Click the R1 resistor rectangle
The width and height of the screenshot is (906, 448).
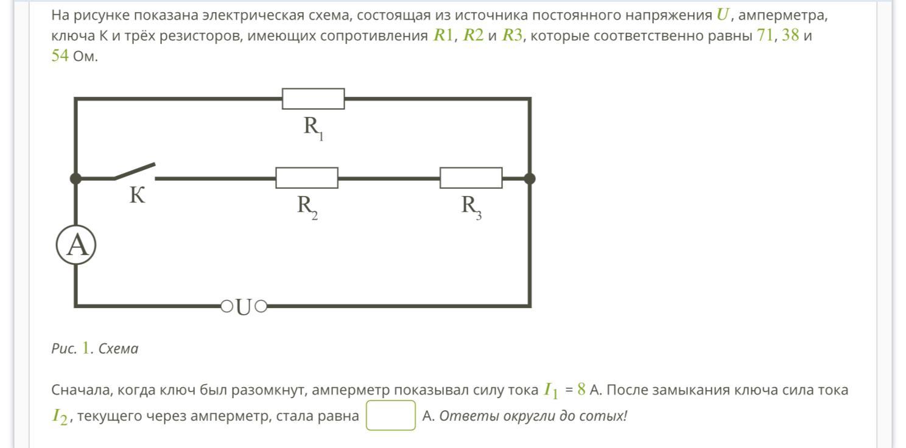[x=313, y=99]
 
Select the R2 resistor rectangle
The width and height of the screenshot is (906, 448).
[x=307, y=178]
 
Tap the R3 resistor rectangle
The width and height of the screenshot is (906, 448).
[x=471, y=178]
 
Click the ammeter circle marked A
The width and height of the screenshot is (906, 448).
[x=77, y=245]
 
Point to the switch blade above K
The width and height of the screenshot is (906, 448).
[x=135, y=170]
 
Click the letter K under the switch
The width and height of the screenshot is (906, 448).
[x=138, y=196]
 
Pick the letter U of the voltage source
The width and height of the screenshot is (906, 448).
[x=244, y=307]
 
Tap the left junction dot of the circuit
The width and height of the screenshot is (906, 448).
[x=75, y=178]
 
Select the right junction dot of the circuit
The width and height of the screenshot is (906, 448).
[x=530, y=178]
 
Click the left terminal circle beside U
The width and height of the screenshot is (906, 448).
[x=226, y=306]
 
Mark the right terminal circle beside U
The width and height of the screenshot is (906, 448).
[x=261, y=306]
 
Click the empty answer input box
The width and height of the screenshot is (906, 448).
[x=390, y=415]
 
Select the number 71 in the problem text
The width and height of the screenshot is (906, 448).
[x=764, y=35]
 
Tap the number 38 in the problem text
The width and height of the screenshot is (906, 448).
[x=790, y=35]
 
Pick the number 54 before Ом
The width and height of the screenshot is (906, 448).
[x=60, y=57]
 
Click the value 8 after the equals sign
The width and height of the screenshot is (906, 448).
[x=581, y=389]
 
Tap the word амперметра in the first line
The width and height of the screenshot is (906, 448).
[x=783, y=15]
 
